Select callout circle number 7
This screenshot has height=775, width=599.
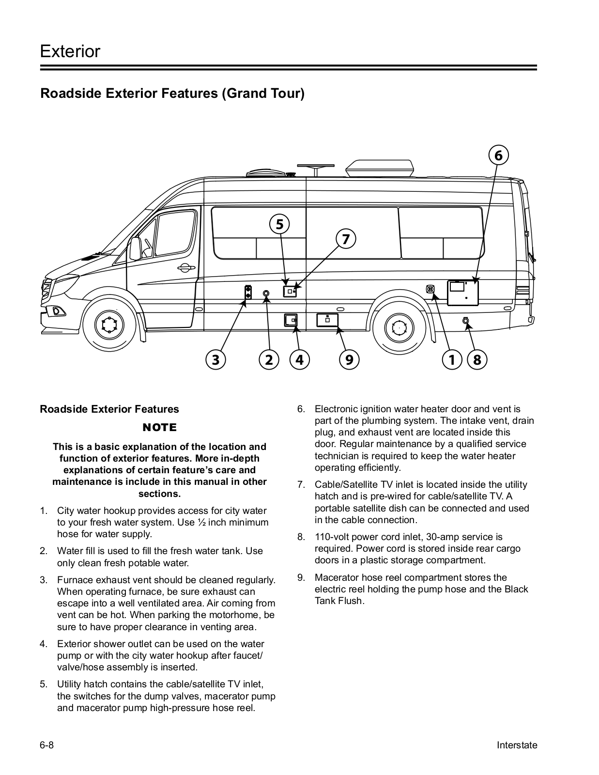click(x=346, y=239)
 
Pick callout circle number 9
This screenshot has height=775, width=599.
click(x=349, y=360)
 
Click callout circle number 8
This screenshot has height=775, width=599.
click(x=477, y=360)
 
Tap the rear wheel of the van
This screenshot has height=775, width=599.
click(x=399, y=328)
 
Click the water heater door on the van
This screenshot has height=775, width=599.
click(x=462, y=293)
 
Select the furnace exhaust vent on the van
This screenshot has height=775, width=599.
click(x=248, y=292)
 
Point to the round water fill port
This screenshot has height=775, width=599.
click(x=266, y=294)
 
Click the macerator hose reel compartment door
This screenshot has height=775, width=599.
click(x=327, y=320)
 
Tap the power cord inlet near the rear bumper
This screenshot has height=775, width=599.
click(x=466, y=320)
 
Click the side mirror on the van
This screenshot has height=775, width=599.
click(x=135, y=248)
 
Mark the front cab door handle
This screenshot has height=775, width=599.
click(x=186, y=267)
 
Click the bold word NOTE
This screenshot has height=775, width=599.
click(x=160, y=427)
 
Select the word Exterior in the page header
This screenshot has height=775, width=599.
click(x=70, y=51)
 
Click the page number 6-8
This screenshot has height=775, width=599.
click(x=47, y=745)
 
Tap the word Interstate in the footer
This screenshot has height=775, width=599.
click(x=517, y=745)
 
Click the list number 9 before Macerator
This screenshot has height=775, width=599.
click(x=301, y=577)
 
